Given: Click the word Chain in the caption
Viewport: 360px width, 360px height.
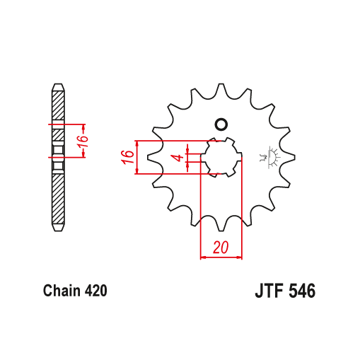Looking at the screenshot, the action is (x=62, y=291).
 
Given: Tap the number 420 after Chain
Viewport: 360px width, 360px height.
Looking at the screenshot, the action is (x=95, y=291).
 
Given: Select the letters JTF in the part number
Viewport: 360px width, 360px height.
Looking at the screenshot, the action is (x=269, y=291).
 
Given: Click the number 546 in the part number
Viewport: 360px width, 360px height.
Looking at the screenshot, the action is (x=302, y=291).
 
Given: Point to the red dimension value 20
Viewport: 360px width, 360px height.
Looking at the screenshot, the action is (x=221, y=247).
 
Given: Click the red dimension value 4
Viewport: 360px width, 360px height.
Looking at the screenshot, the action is (x=180, y=157).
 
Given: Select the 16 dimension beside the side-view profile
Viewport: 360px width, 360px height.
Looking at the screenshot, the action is (x=83, y=141).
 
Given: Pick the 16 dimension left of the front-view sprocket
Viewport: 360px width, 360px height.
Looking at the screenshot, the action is (x=127, y=157).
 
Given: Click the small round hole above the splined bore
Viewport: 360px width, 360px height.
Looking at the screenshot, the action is (x=221, y=124).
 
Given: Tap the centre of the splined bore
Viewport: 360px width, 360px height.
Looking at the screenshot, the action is (x=221, y=157).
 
